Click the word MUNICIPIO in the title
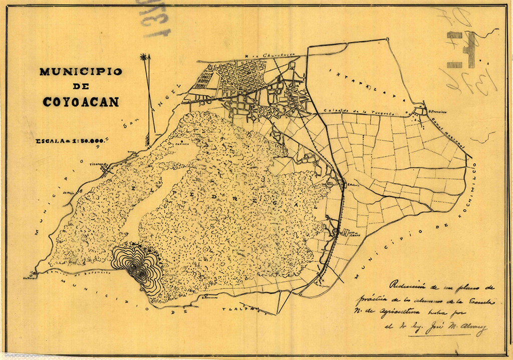click(81, 72)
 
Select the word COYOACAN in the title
click(81, 102)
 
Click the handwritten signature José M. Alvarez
click(450, 330)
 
